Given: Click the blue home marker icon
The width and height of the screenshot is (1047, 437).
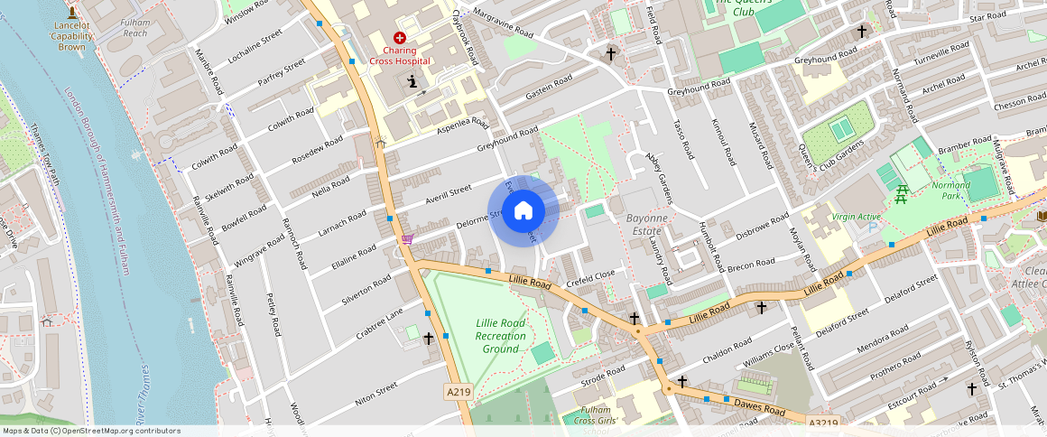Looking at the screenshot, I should point(523,211).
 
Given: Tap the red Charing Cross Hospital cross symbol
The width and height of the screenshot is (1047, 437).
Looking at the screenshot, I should point(400,37).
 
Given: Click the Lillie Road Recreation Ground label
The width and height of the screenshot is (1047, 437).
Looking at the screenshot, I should point(500,336).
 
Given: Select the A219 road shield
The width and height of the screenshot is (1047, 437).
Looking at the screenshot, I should point(459,392).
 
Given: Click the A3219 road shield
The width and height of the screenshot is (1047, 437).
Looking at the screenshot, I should point(823,423).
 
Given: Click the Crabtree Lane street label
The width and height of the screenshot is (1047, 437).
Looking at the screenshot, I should point(379,323).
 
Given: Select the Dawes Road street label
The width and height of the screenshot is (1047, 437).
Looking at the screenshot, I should point(761,405).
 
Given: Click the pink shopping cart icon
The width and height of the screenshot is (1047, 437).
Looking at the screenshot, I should point(407,239).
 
